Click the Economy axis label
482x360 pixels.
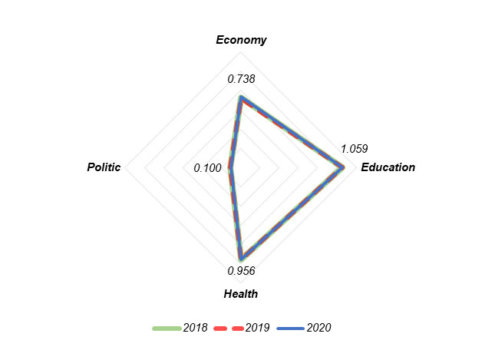241,40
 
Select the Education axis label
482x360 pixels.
388,167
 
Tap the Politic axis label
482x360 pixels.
104,167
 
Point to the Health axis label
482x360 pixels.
241,294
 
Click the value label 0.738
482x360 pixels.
241,79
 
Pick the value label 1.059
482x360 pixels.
355,149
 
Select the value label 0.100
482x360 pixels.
208,167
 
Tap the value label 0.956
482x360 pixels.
241,270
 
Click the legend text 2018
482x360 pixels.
195,328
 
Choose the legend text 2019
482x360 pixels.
257,328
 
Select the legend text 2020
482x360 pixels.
319,328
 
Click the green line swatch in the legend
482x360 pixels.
167,328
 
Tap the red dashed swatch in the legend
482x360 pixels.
229,328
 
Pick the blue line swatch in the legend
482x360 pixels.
290,328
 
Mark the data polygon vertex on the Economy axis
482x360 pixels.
241,97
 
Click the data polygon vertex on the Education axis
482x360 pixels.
342,167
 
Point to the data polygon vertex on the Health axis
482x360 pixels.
241,258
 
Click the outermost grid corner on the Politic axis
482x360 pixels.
127,167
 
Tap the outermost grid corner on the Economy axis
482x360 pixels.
241,53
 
